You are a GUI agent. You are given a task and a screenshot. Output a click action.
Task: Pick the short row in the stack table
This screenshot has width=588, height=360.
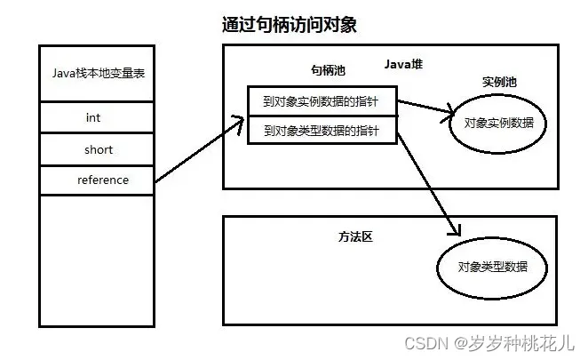(98, 149)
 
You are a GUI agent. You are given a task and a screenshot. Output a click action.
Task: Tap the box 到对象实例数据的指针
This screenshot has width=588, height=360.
(322, 101)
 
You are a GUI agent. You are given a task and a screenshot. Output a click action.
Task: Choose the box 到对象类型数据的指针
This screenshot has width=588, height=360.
(322, 131)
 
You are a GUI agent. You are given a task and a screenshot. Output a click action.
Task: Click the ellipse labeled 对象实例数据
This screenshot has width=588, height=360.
(499, 122)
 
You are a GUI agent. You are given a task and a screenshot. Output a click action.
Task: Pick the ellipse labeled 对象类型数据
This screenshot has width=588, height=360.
(490, 267)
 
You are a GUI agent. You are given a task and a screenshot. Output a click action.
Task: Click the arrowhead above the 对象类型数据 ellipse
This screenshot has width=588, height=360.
(457, 228)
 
